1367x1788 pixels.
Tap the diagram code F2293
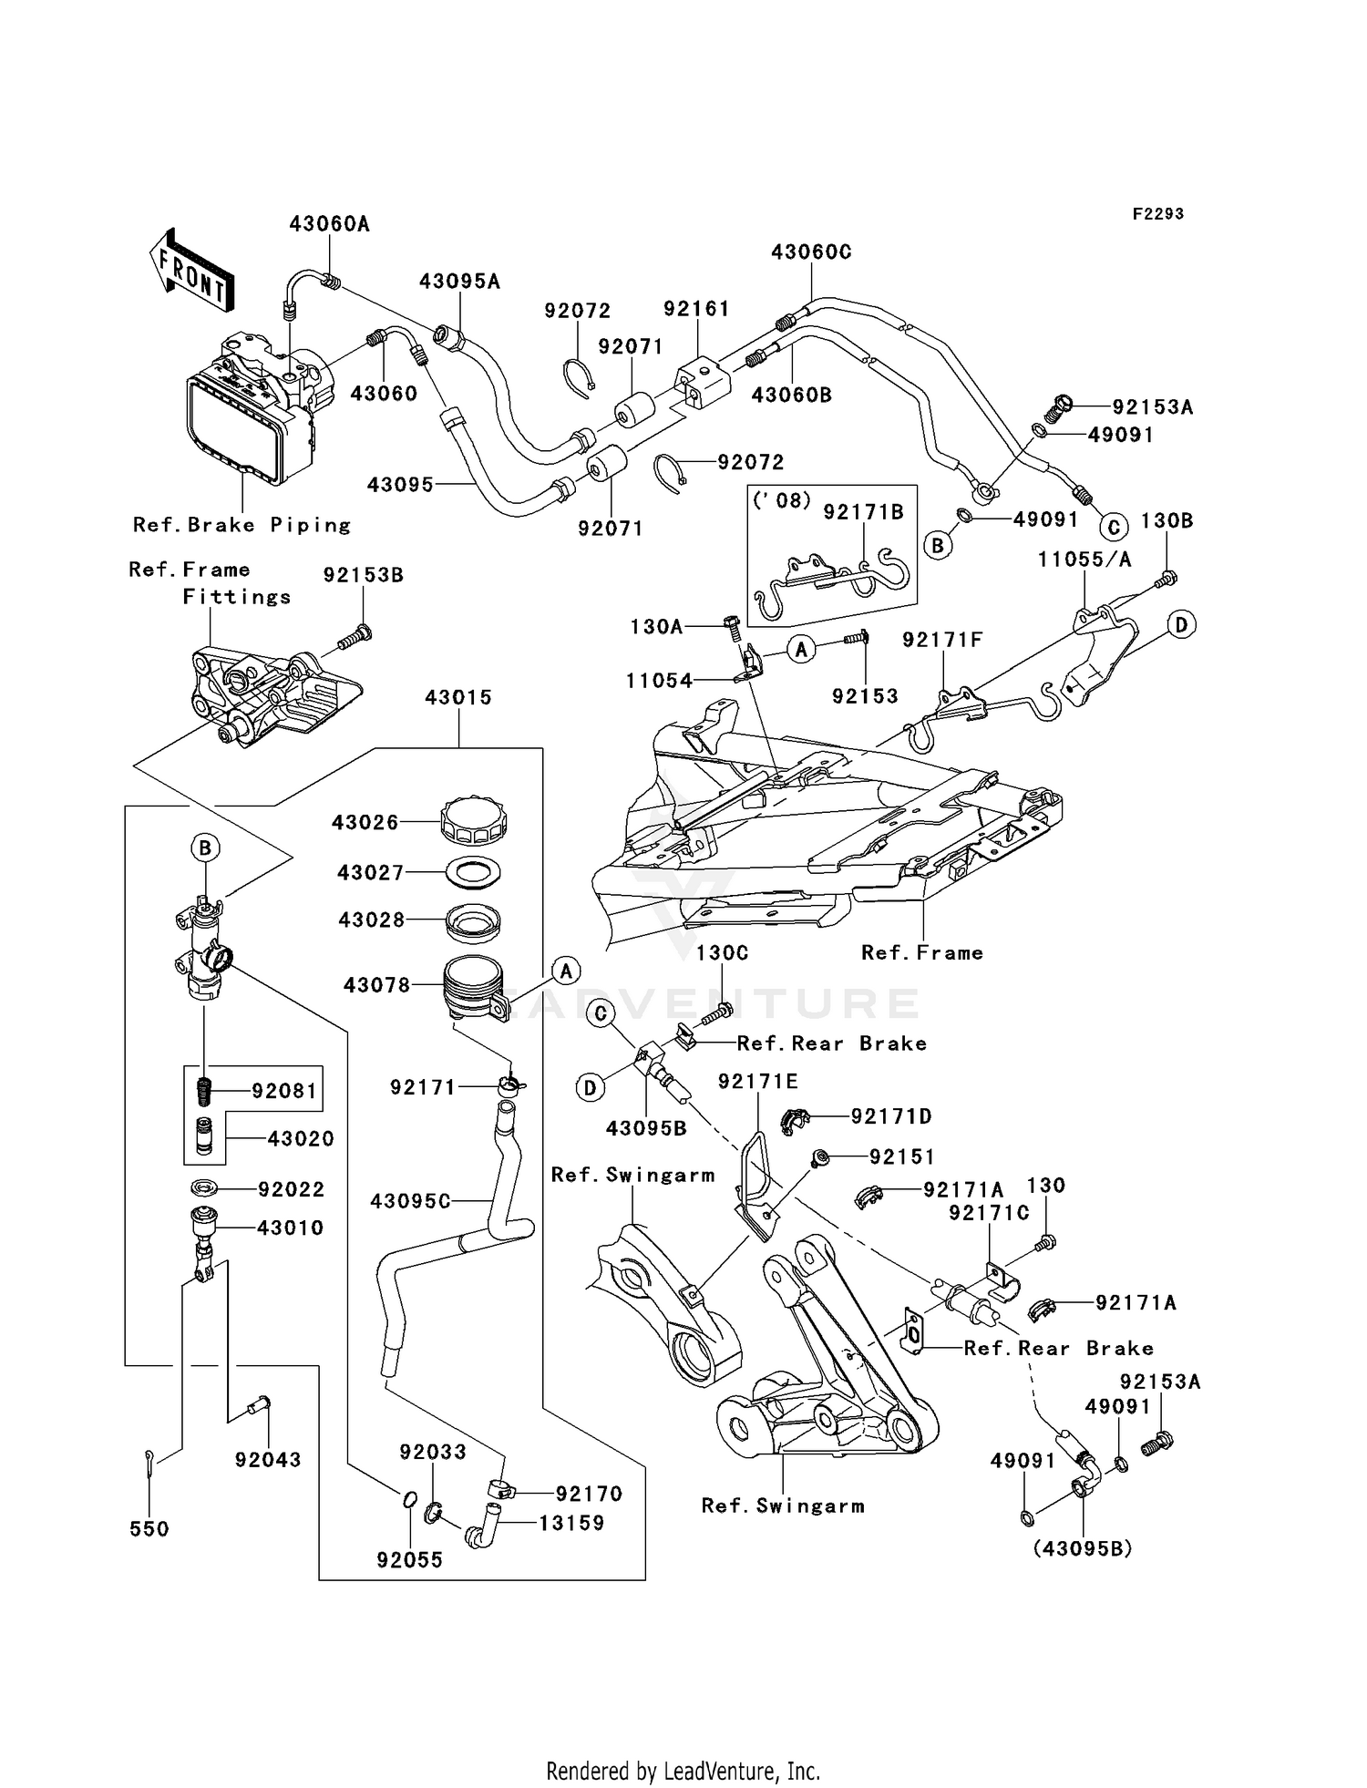tap(1157, 214)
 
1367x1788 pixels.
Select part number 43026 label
tap(365, 822)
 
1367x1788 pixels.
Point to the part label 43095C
tap(410, 1202)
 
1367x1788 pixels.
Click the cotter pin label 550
tap(149, 1528)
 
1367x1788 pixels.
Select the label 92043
tap(268, 1459)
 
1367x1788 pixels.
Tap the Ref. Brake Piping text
tap(242, 525)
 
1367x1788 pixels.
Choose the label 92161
tap(696, 309)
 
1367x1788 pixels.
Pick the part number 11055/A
tap(1084, 560)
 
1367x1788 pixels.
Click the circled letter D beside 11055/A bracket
tap(1181, 625)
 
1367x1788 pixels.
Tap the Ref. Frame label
tap(922, 952)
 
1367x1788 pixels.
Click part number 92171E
tap(757, 1081)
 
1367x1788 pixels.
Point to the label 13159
tap(571, 1523)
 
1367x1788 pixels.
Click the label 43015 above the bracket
tap(457, 697)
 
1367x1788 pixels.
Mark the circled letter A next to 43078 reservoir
tap(566, 971)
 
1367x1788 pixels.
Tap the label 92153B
tap(363, 575)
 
